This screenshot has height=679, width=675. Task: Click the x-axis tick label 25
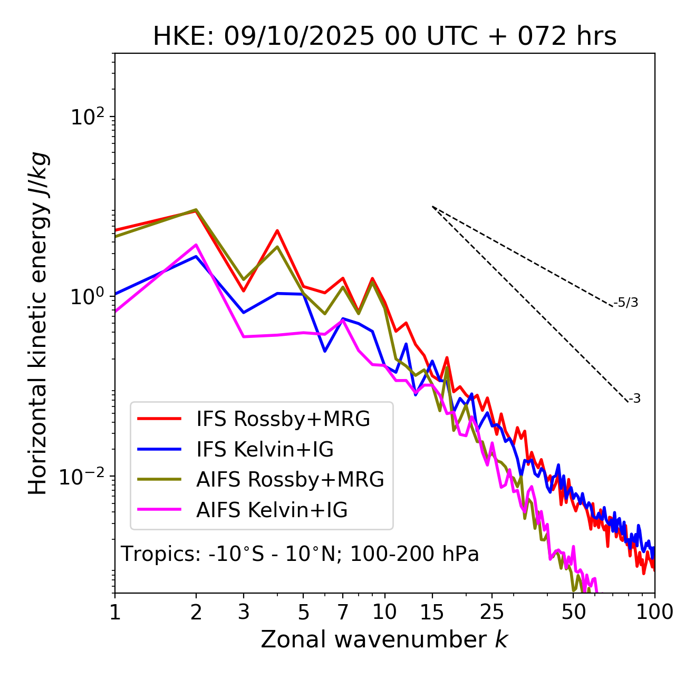(492, 612)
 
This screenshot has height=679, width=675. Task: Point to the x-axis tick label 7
(343, 612)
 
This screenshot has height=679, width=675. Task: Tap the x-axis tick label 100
(654, 612)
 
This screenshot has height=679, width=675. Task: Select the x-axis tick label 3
(244, 612)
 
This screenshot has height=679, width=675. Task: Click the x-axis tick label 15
(432, 612)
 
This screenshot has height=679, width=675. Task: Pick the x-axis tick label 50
(573, 612)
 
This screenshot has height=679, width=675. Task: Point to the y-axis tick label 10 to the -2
(84, 477)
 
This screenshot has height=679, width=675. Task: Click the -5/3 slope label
(626, 303)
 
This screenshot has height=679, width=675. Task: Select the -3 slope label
(635, 399)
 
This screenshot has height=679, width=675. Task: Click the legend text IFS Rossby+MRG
(283, 419)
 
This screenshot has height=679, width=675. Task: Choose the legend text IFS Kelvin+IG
(265, 450)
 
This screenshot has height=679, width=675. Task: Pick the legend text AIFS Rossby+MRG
(290, 480)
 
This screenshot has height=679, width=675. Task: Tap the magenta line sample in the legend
(159, 510)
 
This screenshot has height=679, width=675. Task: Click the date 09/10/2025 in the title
(299, 37)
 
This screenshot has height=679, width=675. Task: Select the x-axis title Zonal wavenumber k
(384, 639)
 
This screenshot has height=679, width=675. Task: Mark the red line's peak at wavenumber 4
(277, 230)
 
